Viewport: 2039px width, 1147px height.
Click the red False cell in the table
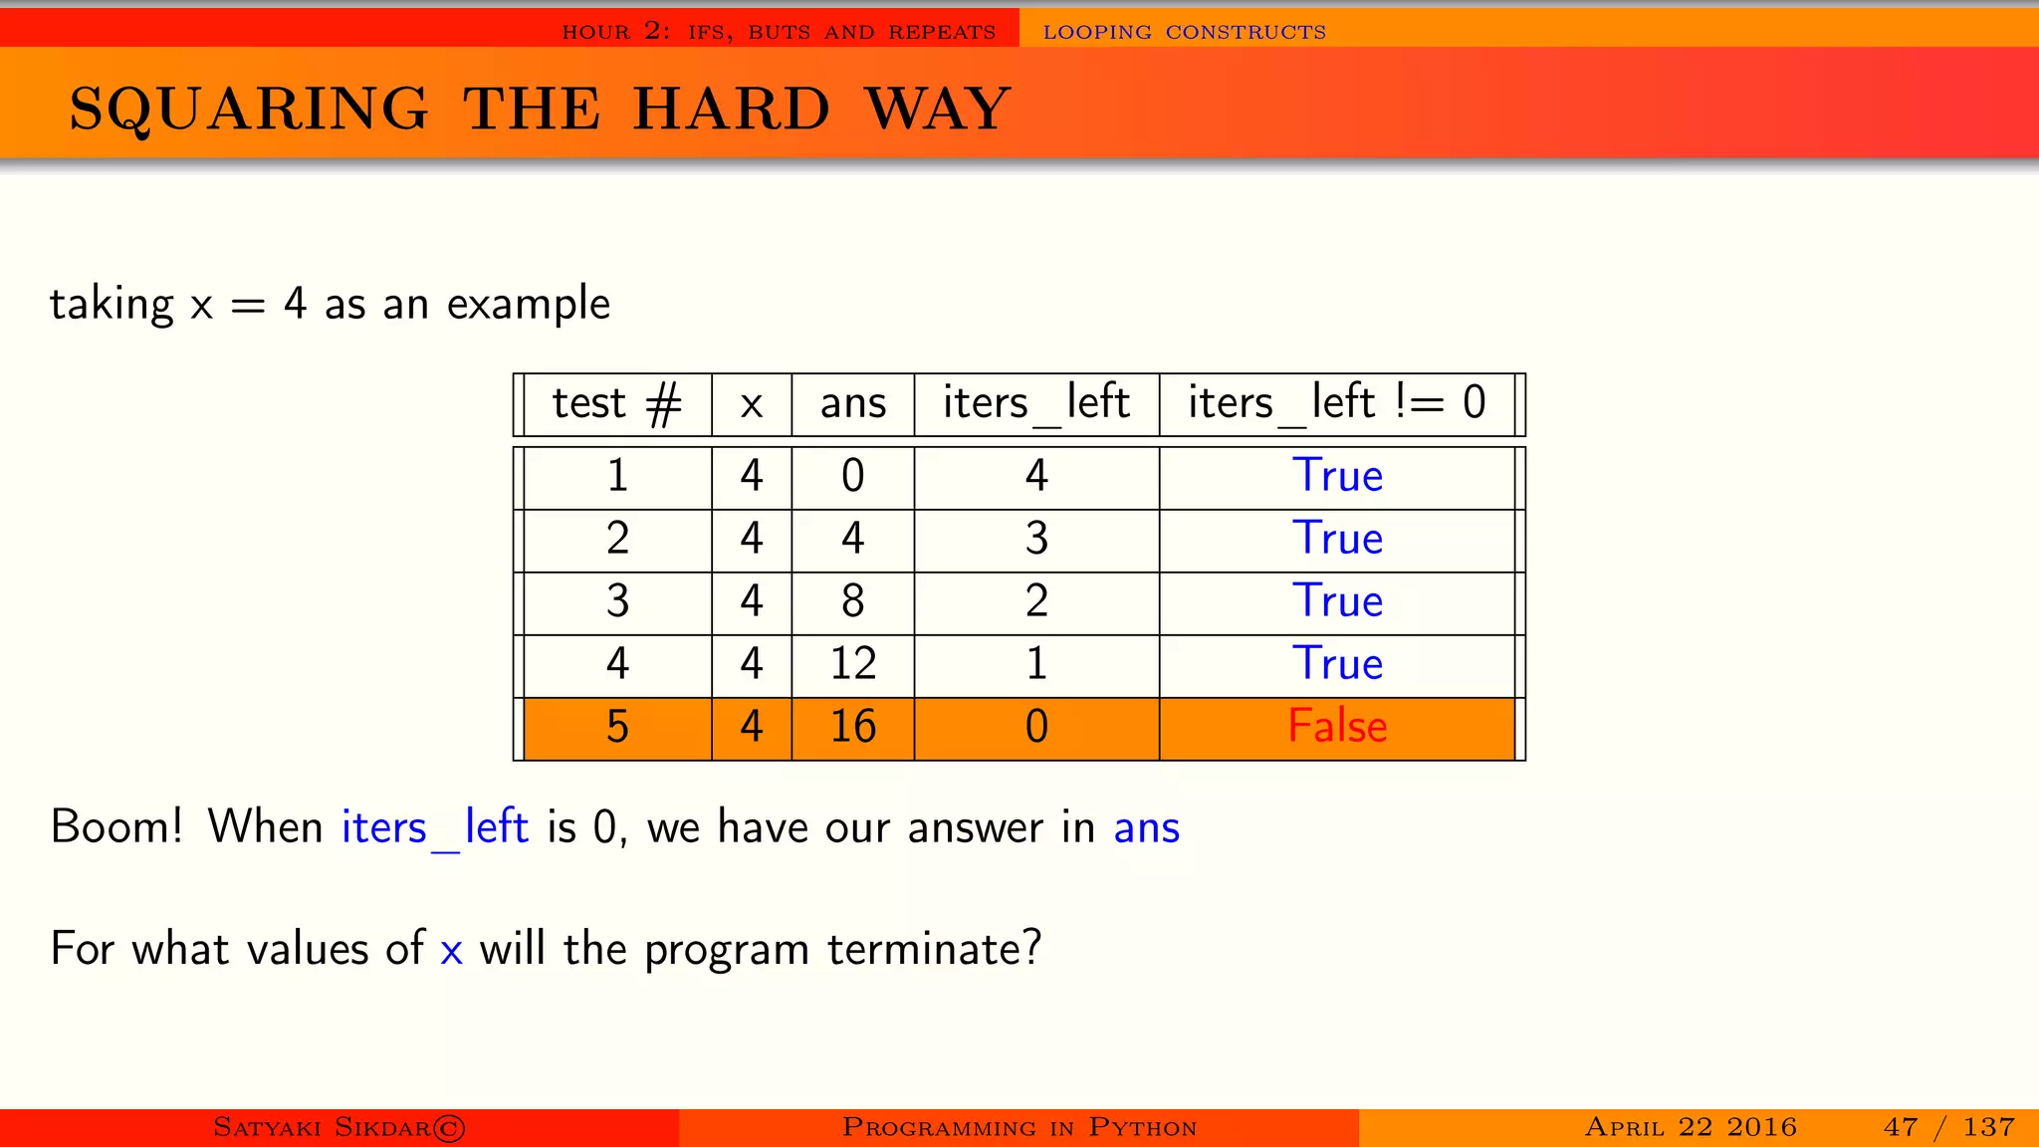[1336, 726]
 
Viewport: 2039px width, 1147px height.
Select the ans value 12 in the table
[852, 664]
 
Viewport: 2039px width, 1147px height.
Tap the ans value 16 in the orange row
[852, 727]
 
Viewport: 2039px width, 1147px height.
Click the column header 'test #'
[617, 404]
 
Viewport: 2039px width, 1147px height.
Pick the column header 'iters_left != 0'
[1336, 404]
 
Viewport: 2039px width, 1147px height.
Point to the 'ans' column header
[852, 404]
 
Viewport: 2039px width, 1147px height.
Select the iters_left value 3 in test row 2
[1036, 539]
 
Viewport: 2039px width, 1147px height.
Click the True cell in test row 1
[1336, 476]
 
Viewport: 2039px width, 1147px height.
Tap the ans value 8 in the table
[852, 601]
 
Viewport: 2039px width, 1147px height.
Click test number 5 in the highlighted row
[617, 727]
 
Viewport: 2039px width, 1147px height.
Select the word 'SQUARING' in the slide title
[249, 109]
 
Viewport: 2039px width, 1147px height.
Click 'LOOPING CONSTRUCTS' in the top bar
[1184, 32]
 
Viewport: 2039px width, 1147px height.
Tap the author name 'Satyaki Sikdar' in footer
[339, 1127]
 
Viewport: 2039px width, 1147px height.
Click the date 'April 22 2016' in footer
[1690, 1127]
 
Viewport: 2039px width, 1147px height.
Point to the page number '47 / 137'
[1948, 1127]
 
